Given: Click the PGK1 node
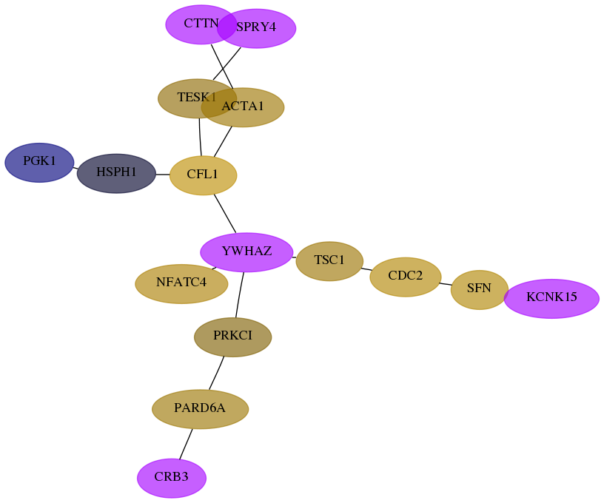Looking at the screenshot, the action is click(x=39, y=163).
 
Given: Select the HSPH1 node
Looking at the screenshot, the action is click(x=116, y=174).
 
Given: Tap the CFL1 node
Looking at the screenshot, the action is click(x=203, y=175).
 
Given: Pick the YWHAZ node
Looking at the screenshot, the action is click(x=246, y=252).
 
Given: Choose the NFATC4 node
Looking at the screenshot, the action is click(x=181, y=283).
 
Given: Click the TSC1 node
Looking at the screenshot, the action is click(x=329, y=261).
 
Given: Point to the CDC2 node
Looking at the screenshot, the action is click(x=405, y=277).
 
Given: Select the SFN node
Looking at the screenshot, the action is click(x=479, y=290).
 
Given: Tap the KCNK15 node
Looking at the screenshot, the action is click(x=551, y=299).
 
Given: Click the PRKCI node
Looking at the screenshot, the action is click(x=232, y=337).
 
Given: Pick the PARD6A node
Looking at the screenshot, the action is click(x=201, y=409).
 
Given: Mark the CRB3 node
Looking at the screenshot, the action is click(x=172, y=478).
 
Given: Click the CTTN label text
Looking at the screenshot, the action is click(x=201, y=23).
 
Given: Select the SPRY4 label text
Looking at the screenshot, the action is click(x=256, y=27).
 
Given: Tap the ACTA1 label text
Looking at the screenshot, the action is click(x=243, y=106).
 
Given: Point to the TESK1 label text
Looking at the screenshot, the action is click(x=196, y=97).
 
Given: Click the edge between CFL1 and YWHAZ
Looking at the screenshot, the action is click(x=225, y=214).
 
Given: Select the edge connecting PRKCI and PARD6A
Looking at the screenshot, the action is click(x=216, y=373).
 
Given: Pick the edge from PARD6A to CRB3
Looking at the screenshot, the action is click(x=186, y=444).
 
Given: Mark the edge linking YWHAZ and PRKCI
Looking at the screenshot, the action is click(x=240, y=295).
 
